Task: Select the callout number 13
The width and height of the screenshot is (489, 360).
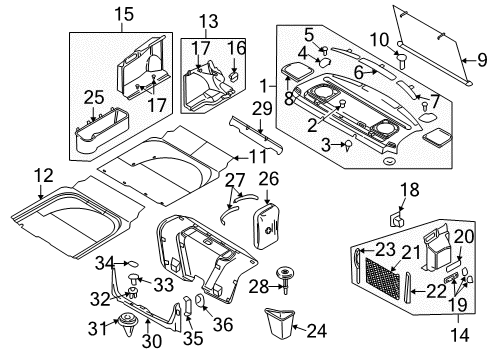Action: (x=206, y=22)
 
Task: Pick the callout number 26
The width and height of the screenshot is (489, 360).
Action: (x=267, y=179)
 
